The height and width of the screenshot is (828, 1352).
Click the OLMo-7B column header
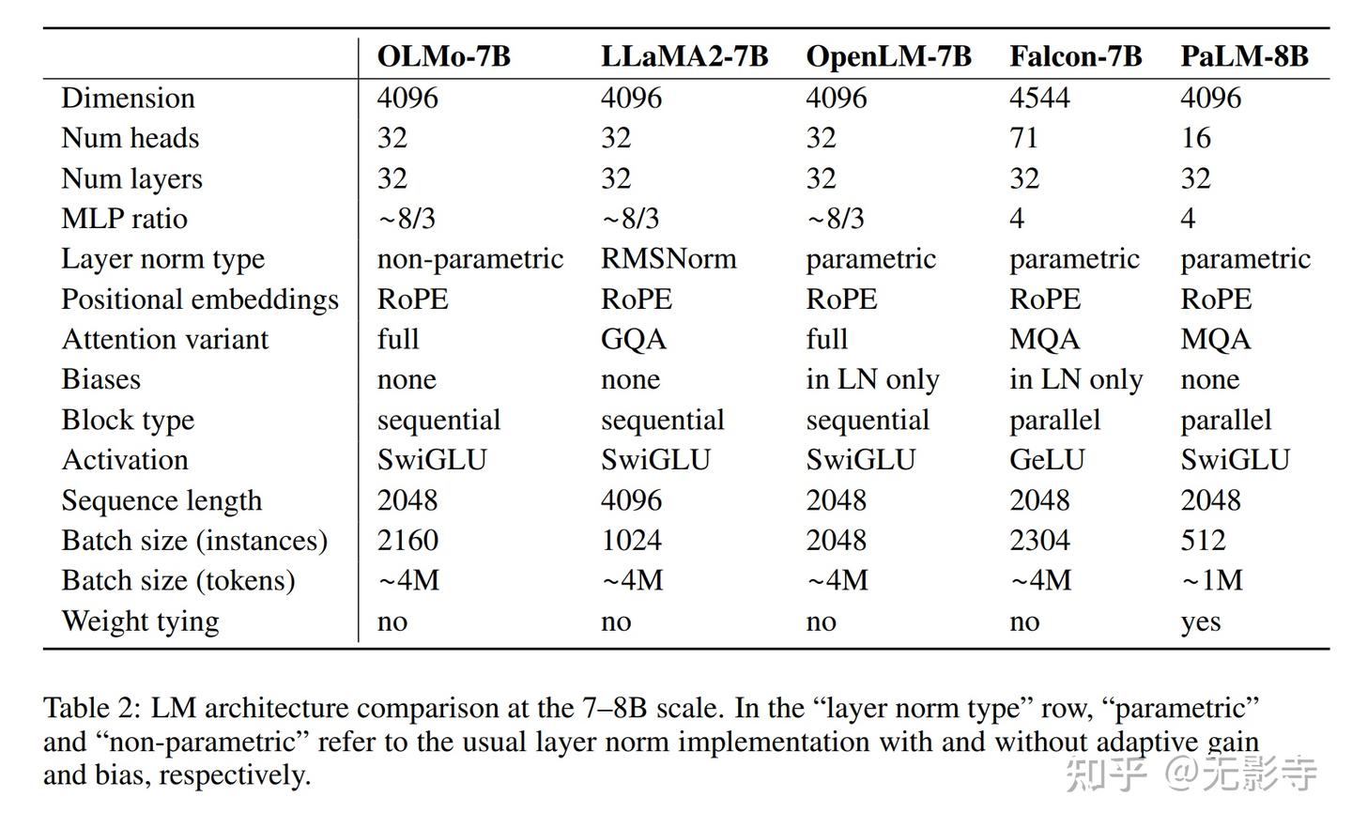coord(443,56)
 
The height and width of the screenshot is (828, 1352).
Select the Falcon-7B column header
coord(1075,56)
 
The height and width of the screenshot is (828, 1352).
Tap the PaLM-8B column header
coord(1244,56)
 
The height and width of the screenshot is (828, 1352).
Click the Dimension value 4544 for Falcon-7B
coord(1039,98)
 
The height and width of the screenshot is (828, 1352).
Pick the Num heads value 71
coord(1024,138)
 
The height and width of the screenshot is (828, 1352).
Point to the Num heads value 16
coord(1195,138)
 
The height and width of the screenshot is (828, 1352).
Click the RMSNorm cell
coord(668,258)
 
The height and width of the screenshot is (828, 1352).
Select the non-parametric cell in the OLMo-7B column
coord(469,258)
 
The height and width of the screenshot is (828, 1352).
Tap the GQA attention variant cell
coord(633,339)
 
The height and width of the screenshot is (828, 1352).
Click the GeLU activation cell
coord(1047,460)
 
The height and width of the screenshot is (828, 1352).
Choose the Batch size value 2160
coord(407,541)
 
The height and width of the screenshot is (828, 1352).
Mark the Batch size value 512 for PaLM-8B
coord(1203,541)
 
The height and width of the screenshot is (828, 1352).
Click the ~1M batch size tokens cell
coord(1211,580)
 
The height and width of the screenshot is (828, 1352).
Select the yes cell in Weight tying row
coord(1200,622)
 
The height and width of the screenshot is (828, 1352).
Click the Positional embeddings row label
coord(199,299)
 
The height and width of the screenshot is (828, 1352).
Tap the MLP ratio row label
coord(124,219)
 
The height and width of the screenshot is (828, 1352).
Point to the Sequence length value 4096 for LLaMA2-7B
coord(631,500)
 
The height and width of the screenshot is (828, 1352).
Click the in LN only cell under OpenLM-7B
coord(872,379)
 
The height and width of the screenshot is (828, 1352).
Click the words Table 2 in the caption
coord(91,708)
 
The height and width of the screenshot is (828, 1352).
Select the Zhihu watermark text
coord(1191,774)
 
